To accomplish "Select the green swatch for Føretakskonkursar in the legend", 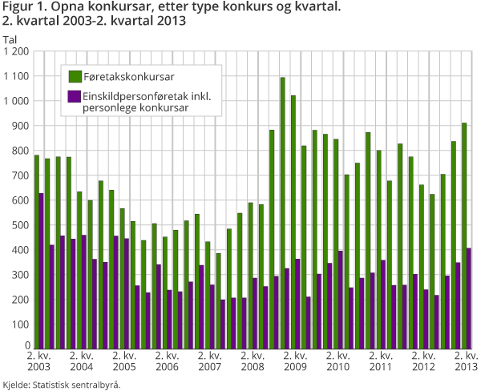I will coord(75,76).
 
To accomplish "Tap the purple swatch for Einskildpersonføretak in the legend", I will coord(75,96).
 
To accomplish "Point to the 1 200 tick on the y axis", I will coord(16,51).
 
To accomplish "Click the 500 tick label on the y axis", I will coord(20,225).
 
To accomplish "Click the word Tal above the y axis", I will coord(10,39).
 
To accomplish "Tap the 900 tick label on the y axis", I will coord(20,126).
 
